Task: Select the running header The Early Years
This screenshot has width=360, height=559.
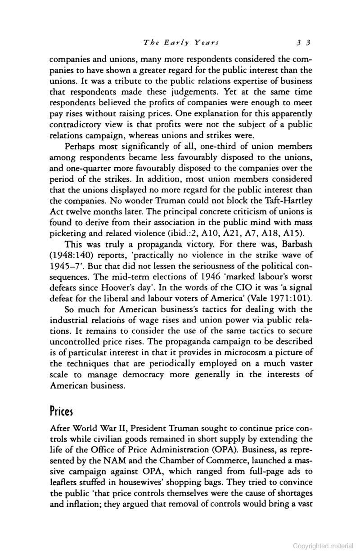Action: pos(181,43)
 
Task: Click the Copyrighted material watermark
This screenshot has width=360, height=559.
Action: pos(323,546)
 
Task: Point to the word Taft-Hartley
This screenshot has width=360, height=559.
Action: pos(291,200)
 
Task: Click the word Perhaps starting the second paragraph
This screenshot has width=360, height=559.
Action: pos(81,147)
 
